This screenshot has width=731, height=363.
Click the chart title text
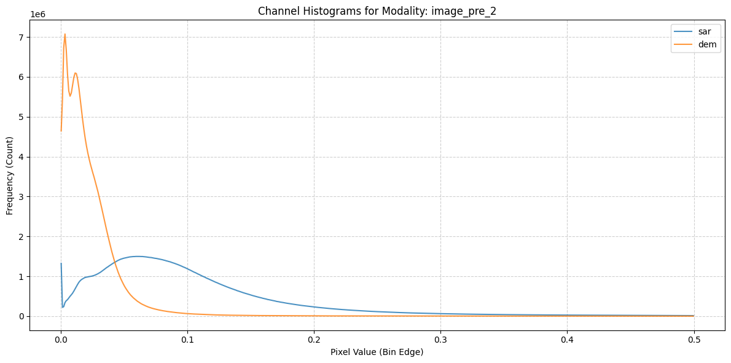coord(377,12)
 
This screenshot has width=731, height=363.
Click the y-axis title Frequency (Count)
coord(9,176)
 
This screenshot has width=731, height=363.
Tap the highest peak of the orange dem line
coord(64,34)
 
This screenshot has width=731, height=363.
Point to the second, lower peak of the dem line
coord(76,73)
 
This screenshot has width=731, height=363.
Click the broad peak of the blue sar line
coord(138,256)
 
